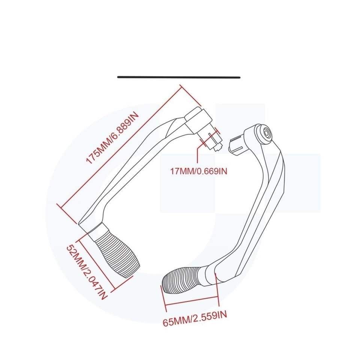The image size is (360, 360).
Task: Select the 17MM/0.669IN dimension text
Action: (199, 171)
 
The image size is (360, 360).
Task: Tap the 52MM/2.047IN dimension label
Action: (86, 272)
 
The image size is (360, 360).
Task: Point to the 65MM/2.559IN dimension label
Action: (195, 322)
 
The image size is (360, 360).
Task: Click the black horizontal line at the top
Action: (178, 77)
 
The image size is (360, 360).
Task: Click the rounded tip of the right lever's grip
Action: (165, 283)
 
